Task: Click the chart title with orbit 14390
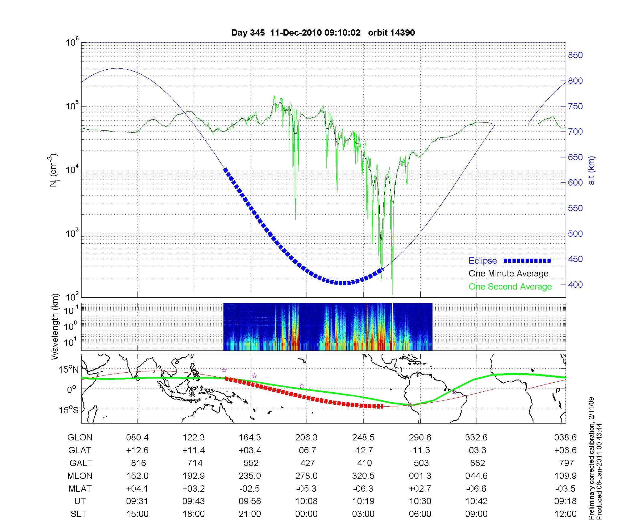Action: point(323,33)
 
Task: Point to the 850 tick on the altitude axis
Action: point(575,55)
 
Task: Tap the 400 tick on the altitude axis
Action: point(575,285)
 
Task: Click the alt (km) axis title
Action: point(592,170)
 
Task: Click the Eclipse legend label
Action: point(482,261)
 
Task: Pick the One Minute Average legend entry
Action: point(508,274)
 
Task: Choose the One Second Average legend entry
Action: point(510,287)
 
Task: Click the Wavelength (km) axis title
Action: point(55,326)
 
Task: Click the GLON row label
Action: point(80,438)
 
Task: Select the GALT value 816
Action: point(137,463)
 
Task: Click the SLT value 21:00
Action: point(250,514)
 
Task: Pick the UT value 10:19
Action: point(363,501)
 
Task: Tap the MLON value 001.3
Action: point(420,476)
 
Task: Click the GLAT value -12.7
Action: point(363,450)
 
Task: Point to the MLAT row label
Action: point(80,489)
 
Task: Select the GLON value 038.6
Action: point(565,438)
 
